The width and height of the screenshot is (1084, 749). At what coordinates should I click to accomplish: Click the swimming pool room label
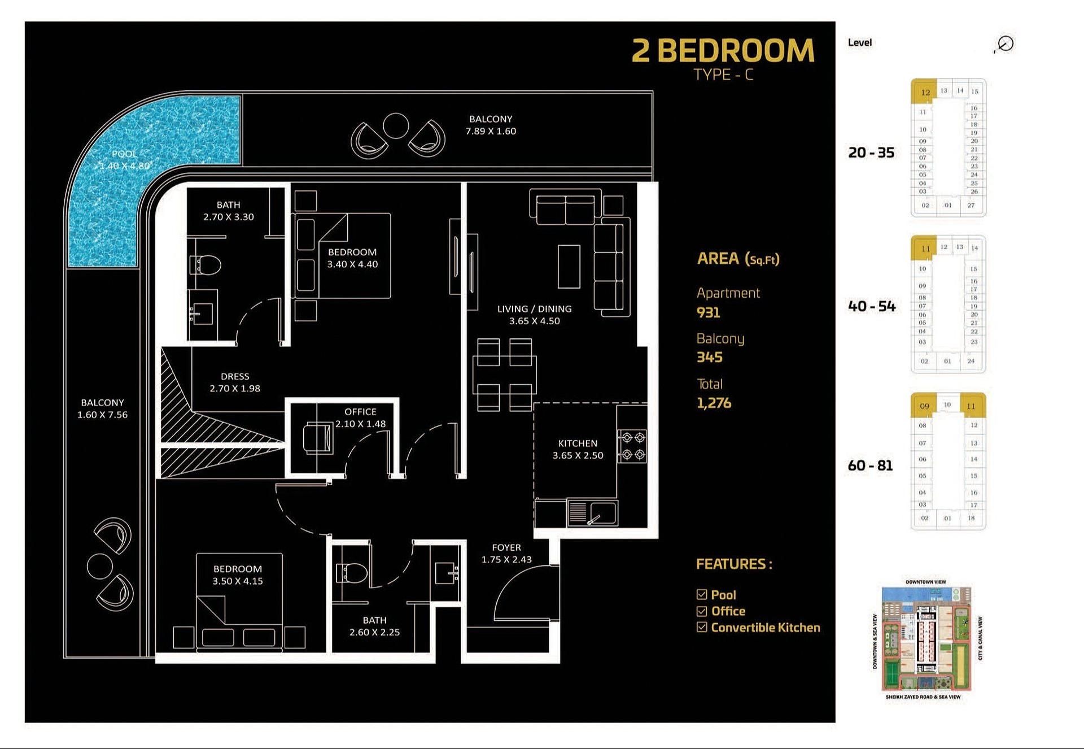[124, 154]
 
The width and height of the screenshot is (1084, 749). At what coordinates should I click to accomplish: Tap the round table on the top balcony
[395, 125]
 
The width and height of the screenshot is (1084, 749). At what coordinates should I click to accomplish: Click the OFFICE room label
[360, 412]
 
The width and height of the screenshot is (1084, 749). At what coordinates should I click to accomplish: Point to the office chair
[318, 438]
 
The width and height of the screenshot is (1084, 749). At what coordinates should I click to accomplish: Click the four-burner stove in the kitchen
[632, 446]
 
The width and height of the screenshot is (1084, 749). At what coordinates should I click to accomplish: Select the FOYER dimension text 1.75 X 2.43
[506, 560]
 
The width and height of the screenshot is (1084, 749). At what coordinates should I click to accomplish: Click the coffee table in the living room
[569, 267]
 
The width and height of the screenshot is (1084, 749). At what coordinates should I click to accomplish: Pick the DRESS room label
[235, 376]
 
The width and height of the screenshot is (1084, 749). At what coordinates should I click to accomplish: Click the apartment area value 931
[708, 312]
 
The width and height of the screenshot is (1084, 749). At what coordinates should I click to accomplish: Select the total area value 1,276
[714, 403]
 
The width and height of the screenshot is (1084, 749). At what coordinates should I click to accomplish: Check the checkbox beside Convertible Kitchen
[702, 628]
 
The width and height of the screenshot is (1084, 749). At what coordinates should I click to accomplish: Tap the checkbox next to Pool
[702, 595]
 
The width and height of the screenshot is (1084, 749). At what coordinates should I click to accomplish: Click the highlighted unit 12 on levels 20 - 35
[924, 92]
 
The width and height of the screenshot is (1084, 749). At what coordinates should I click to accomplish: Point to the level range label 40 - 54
[871, 307]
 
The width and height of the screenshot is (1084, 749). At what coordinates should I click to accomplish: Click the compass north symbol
[1005, 44]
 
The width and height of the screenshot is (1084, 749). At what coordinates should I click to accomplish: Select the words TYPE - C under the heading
[723, 75]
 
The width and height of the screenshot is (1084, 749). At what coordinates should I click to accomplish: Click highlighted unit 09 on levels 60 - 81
[924, 406]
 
